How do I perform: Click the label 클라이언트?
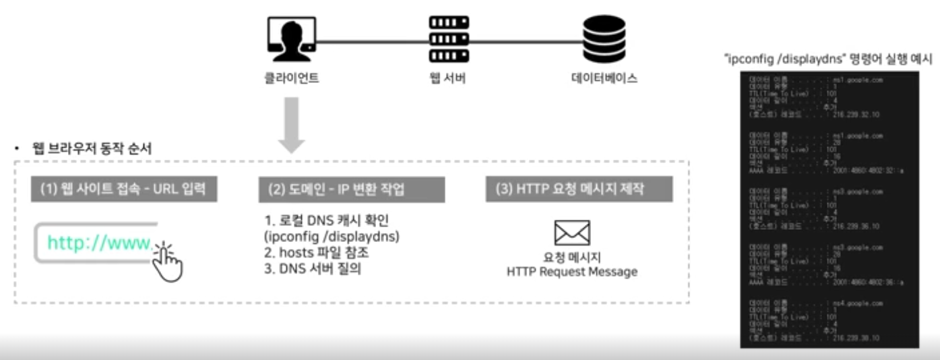click(291, 79)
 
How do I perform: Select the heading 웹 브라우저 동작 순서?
click(92, 149)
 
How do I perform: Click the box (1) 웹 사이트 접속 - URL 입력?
click(123, 189)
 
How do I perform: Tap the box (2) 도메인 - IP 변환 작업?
click(352, 189)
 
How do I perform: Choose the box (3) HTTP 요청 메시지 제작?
click(579, 189)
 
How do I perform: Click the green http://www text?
click(99, 243)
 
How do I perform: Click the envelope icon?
click(571, 233)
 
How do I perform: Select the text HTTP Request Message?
click(571, 272)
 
